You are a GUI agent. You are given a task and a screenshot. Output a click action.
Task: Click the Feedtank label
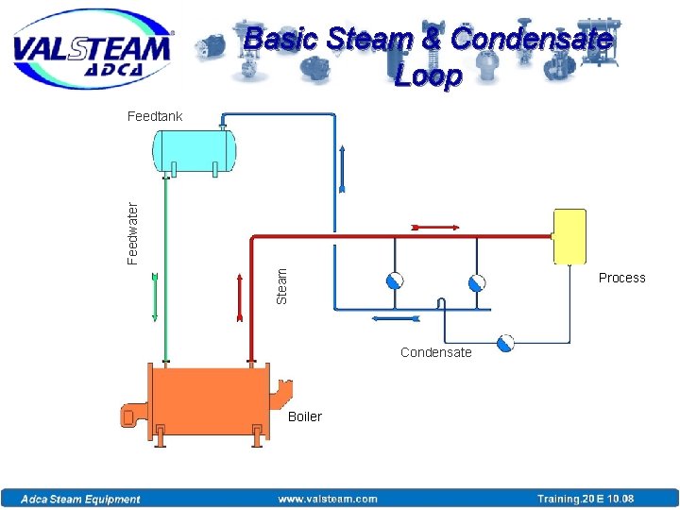tap(155, 116)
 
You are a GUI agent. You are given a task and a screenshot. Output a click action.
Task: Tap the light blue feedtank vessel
tap(195, 150)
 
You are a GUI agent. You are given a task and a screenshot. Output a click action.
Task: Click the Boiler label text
tap(305, 416)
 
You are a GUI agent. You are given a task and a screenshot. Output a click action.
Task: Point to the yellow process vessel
tap(569, 236)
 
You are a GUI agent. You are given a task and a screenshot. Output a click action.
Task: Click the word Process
tap(621, 278)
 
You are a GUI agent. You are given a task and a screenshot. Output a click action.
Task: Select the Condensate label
tap(435, 352)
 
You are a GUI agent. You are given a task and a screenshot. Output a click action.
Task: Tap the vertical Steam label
tap(281, 284)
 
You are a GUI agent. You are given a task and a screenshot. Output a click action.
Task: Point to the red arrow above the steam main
tap(435, 228)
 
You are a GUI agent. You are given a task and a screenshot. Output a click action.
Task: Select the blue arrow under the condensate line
tap(396, 319)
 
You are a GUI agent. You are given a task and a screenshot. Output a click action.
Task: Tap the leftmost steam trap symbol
tap(394, 280)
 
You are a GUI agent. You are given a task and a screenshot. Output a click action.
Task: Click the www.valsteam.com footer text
tap(327, 500)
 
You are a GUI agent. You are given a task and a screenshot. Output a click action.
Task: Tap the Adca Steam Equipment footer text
tap(81, 500)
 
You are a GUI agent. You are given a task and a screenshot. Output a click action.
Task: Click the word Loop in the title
tap(428, 75)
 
